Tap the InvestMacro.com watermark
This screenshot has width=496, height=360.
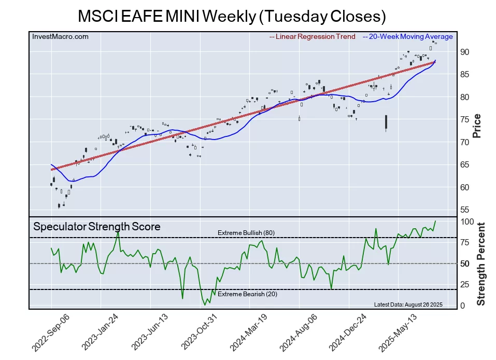click(x=60, y=36)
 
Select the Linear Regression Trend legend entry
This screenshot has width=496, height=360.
click(x=313, y=37)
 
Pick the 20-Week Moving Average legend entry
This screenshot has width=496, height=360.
click(x=408, y=37)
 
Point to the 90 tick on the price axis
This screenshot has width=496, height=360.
click(x=464, y=52)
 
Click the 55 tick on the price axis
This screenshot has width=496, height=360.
click(x=464, y=210)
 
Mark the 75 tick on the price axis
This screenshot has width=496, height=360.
click(x=464, y=119)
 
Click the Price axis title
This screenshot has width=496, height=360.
click(x=477, y=126)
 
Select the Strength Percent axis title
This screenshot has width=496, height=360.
click(x=480, y=264)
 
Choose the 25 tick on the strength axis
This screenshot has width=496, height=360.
click(x=464, y=284)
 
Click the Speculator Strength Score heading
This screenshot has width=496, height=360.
click(x=97, y=227)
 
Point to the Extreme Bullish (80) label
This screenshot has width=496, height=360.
click(x=246, y=233)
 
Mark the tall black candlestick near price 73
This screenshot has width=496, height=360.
click(x=387, y=122)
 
